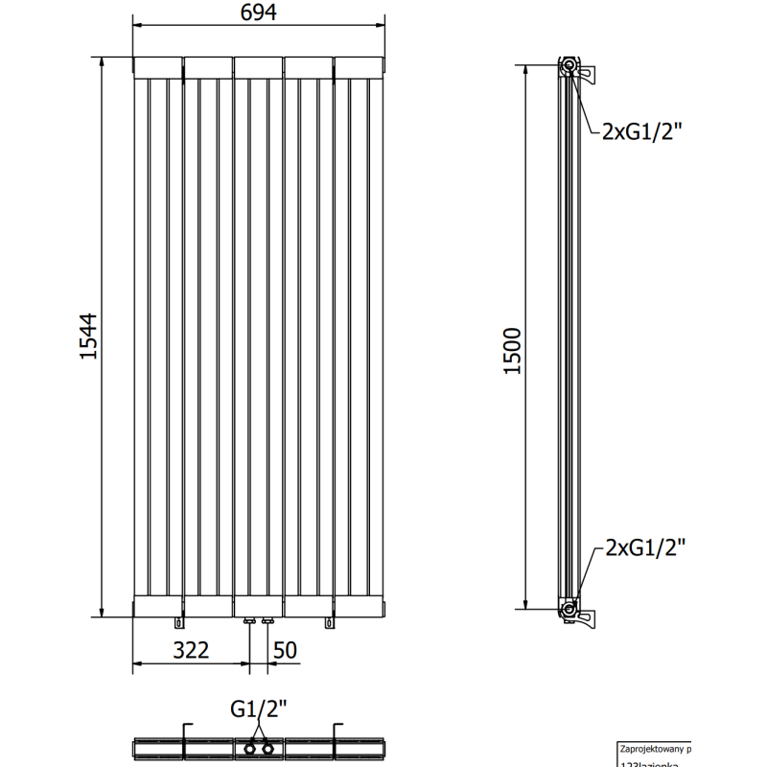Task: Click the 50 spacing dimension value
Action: click(285, 650)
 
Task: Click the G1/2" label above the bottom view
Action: click(259, 711)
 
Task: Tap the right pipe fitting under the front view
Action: click(267, 623)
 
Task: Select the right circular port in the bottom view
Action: click(267, 747)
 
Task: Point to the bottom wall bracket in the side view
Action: click(587, 614)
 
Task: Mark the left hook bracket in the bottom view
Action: click(187, 737)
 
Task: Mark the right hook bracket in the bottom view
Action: click(336, 737)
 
